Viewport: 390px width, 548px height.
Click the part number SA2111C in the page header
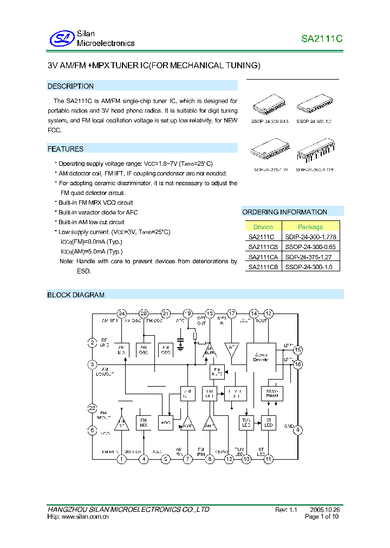322,39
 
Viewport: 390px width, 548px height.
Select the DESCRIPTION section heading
70,86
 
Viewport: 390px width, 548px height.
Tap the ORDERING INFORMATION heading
284,212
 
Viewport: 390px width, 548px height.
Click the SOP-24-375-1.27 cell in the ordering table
310,257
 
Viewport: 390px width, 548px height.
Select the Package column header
310,227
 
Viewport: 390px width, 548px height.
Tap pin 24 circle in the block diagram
122,314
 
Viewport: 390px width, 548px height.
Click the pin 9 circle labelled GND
298,430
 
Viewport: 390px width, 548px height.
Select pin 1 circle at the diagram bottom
122,459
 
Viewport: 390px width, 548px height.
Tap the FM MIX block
144,423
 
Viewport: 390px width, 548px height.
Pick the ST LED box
268,423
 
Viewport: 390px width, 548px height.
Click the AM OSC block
144,350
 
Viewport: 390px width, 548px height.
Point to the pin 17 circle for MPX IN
232,314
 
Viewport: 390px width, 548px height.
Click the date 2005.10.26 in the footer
325,510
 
